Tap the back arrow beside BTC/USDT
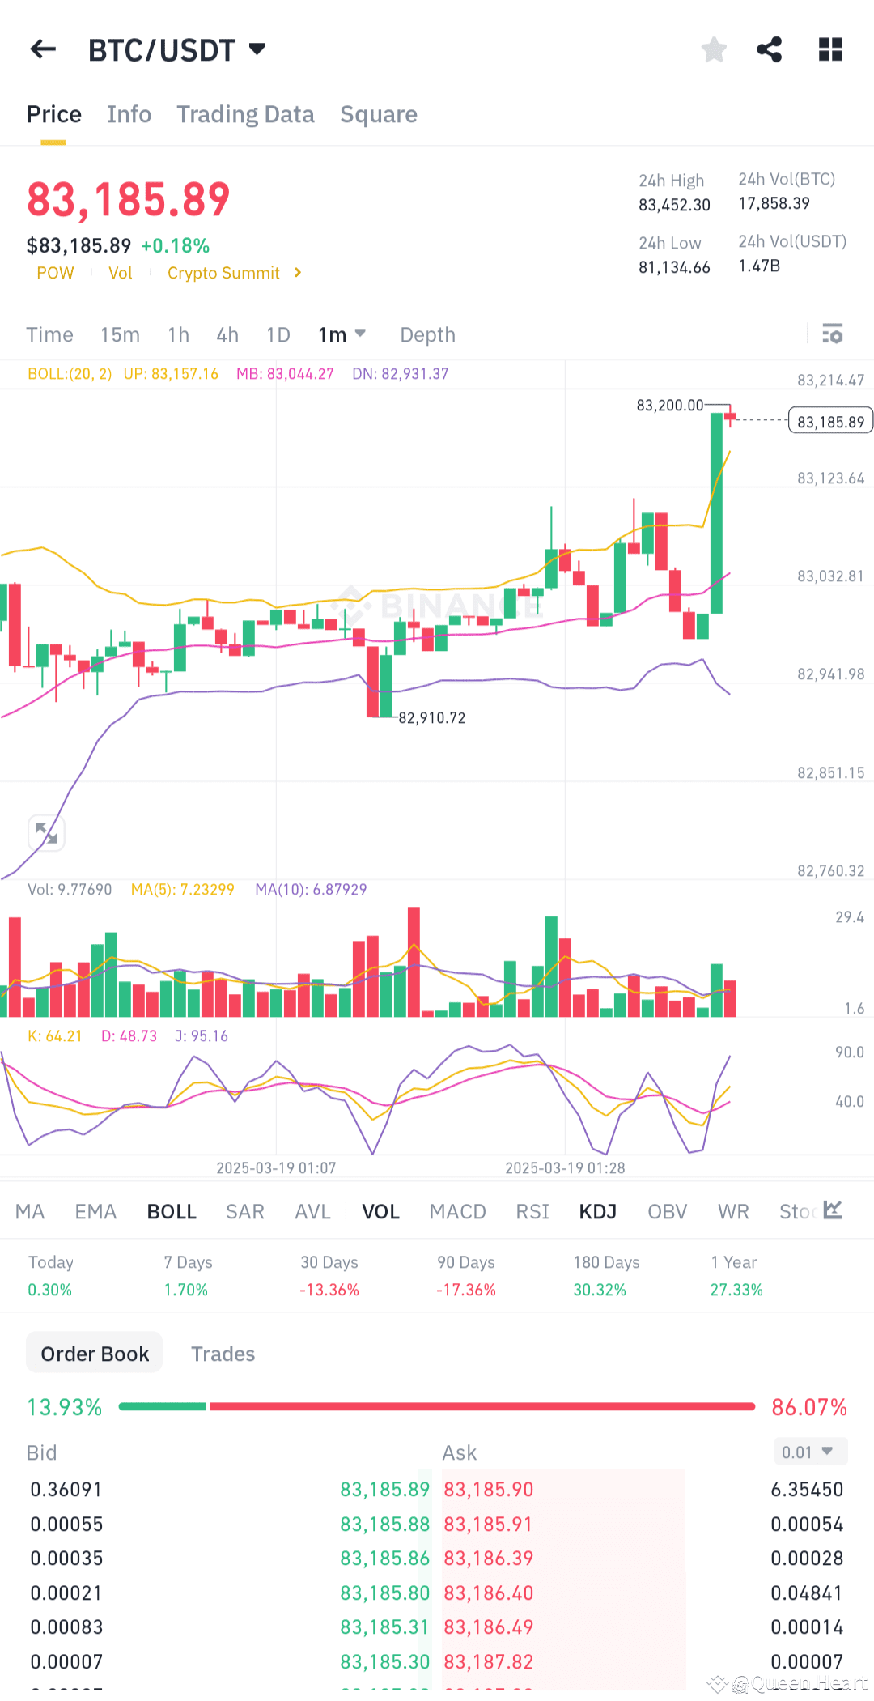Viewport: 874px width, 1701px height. pos(43,49)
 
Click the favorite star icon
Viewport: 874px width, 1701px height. pos(714,49)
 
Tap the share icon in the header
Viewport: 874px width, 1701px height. pos(770,49)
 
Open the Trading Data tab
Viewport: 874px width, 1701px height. pos(245,114)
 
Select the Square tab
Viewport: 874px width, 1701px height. pos(379,114)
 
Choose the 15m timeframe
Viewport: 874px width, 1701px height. pos(120,334)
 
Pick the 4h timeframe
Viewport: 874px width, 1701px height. pos(227,334)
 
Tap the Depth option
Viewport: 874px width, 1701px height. pos(427,334)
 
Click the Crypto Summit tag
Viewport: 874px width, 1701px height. pos(224,273)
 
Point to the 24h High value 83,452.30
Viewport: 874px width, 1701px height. pos(674,205)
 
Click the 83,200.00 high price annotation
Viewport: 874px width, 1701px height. pos(669,405)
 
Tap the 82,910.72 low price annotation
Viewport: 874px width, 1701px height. pos(431,718)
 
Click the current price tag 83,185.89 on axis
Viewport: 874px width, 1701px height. pos(830,422)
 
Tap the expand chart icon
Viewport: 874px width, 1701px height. pos(46,833)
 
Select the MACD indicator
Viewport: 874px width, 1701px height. pos(457,1211)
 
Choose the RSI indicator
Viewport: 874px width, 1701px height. pos(532,1211)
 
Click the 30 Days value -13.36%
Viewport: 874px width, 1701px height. pos(329,1290)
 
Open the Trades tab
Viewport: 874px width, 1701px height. pos(223,1354)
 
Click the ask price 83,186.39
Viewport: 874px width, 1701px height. pos(489,1558)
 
